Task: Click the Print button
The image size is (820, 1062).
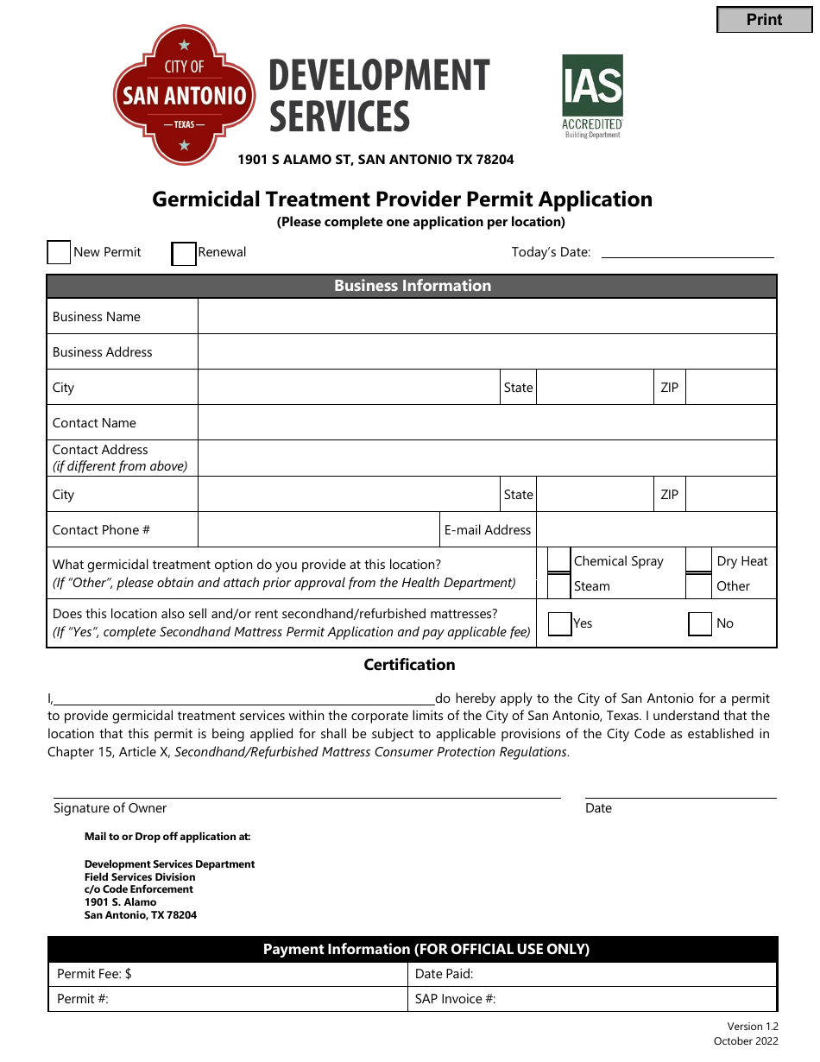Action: point(764,20)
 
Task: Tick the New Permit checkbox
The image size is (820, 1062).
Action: point(59,252)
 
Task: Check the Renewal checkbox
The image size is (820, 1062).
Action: point(184,254)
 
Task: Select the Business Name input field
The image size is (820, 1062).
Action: point(487,317)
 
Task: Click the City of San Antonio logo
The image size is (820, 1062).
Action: point(184,95)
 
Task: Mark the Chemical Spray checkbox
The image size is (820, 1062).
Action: point(559,560)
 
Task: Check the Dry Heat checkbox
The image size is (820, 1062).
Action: point(698,560)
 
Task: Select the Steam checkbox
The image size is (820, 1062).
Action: point(559,586)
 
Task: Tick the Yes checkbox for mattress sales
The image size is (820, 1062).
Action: point(560,623)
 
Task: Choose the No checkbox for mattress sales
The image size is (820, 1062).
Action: point(700,623)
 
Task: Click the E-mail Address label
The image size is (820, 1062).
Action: point(488,530)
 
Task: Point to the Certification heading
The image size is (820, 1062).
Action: point(409,665)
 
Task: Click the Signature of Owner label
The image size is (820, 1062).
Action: point(110,808)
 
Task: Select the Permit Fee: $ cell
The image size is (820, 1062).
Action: point(226,974)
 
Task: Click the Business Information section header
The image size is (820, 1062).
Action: point(412,286)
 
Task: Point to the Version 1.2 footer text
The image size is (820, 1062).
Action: point(752,1027)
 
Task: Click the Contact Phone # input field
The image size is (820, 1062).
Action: point(318,530)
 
